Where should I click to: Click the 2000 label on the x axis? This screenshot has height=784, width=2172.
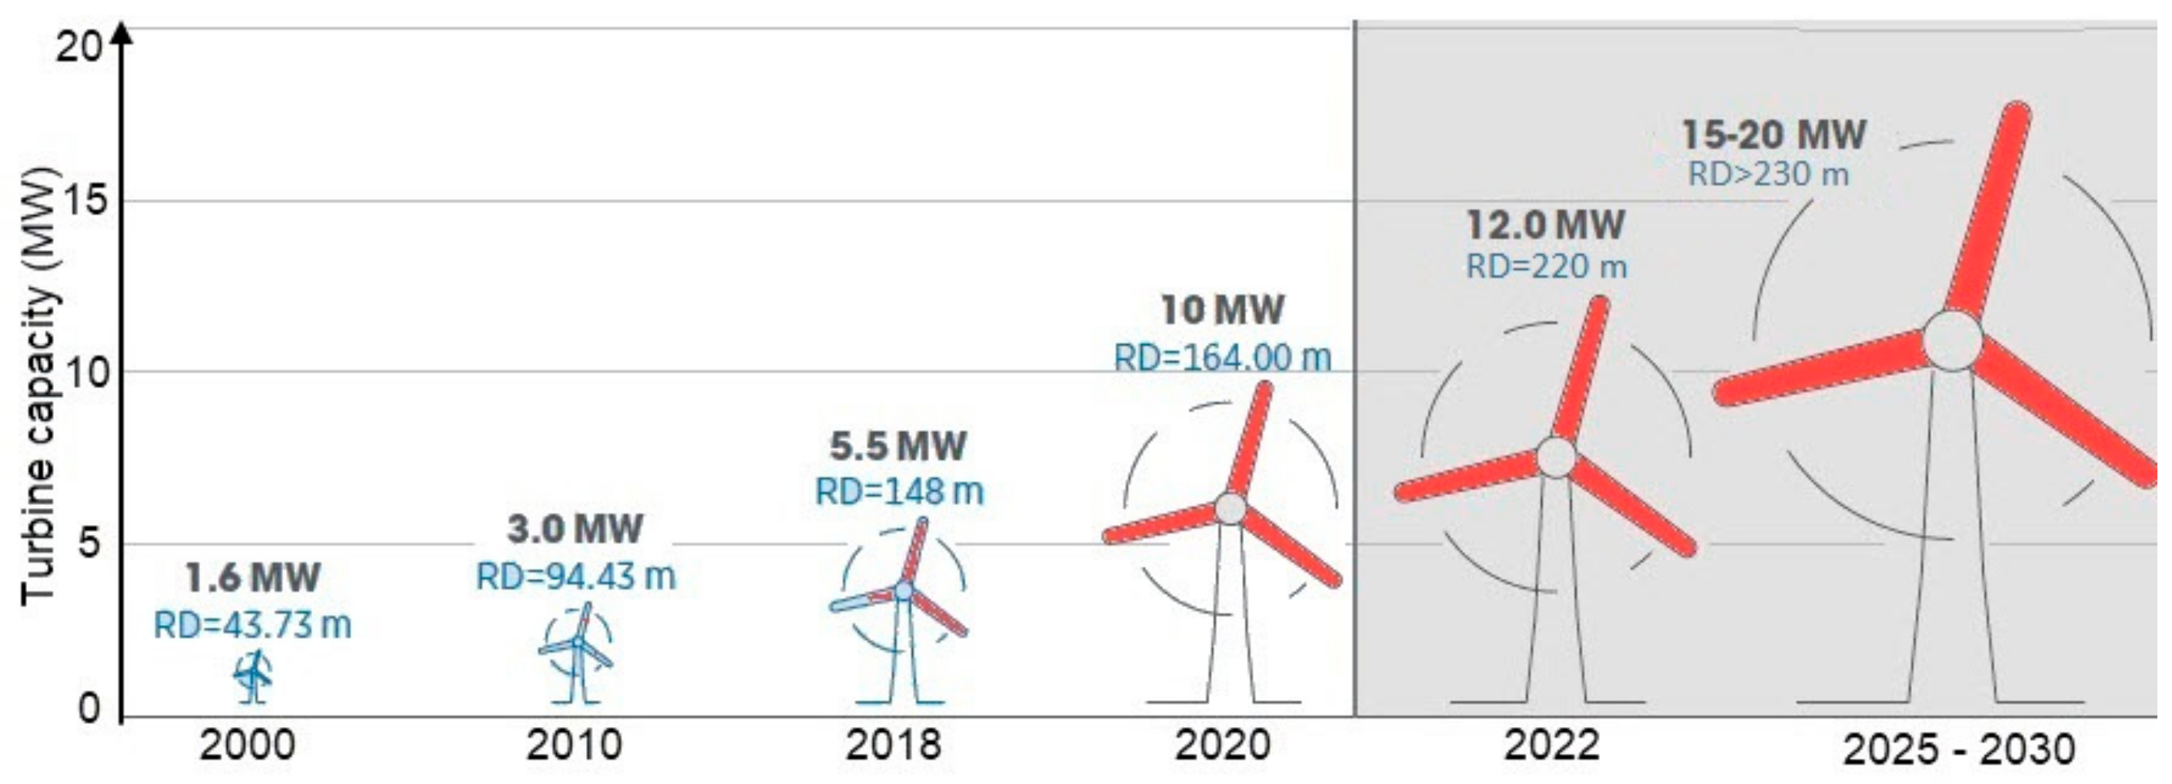[x=247, y=746]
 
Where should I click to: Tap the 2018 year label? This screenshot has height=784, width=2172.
[x=893, y=746]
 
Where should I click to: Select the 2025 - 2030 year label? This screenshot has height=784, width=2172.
[x=1960, y=749]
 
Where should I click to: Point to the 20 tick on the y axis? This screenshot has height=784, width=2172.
[x=78, y=45]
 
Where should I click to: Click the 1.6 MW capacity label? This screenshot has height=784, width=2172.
[x=253, y=578]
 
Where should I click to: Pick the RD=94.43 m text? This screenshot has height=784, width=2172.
[x=576, y=576]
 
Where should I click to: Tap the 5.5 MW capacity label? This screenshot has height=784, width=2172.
[x=898, y=446]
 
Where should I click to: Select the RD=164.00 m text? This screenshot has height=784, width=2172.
[x=1223, y=357]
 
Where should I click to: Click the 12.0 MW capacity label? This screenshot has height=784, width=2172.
[x=1545, y=224]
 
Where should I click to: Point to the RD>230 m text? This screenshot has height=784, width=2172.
[x=1768, y=174]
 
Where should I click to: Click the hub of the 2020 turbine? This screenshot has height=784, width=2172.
[x=1230, y=508]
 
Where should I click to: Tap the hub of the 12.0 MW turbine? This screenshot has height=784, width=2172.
[x=1557, y=456]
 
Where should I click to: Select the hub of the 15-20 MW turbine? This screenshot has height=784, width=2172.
[x=1953, y=340]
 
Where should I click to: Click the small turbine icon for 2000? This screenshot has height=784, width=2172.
[x=252, y=674]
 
